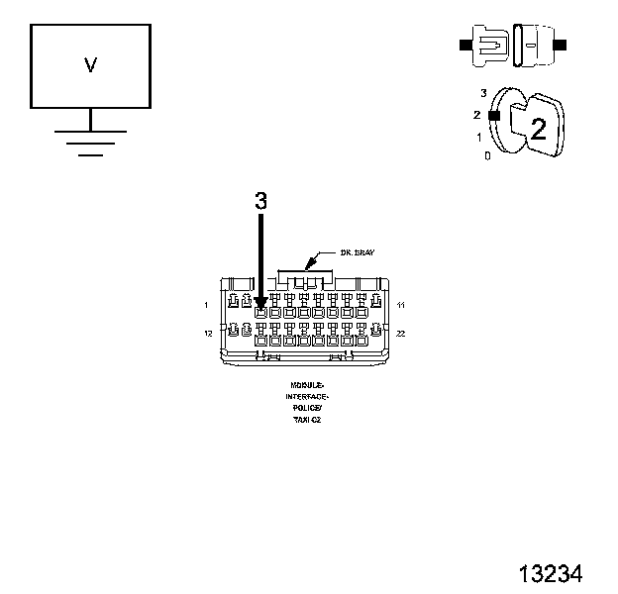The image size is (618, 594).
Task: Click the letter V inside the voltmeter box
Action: pyautogui.click(x=90, y=65)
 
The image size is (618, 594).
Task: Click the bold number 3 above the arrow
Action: pyautogui.click(x=260, y=200)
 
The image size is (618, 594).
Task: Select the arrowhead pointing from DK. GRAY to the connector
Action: pyautogui.click(x=310, y=265)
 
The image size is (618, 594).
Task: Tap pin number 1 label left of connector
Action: pyautogui.click(x=206, y=304)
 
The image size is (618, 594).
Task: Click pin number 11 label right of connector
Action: pyautogui.click(x=399, y=304)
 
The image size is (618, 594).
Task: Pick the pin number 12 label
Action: pyautogui.click(x=208, y=334)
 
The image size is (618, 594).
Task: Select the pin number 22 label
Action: pyautogui.click(x=400, y=334)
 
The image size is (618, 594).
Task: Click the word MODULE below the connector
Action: pyautogui.click(x=307, y=383)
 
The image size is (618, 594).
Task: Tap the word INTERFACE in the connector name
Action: pyautogui.click(x=307, y=395)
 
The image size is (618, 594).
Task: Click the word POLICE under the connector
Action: pyautogui.click(x=307, y=407)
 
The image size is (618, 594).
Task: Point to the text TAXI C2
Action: pyautogui.click(x=307, y=420)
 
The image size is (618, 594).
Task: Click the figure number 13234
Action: pyautogui.click(x=550, y=574)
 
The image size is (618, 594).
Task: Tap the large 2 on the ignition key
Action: pyautogui.click(x=539, y=128)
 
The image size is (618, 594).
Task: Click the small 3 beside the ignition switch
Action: pyautogui.click(x=482, y=92)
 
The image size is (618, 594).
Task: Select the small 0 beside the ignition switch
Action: pyautogui.click(x=486, y=156)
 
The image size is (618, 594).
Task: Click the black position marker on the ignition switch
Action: pyautogui.click(x=493, y=115)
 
